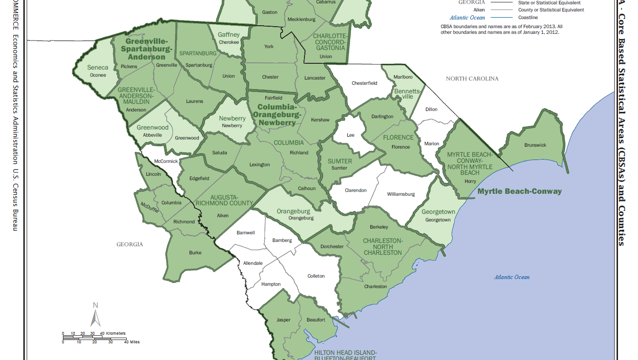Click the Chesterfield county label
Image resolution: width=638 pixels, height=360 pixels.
(364, 83)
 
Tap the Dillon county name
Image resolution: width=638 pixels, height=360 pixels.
(431, 110)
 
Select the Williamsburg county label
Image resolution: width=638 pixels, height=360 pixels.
(401, 194)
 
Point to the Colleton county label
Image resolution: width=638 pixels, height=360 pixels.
(316, 276)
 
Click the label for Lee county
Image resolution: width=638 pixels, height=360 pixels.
(350, 135)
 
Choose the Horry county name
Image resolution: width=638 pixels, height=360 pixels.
(470, 181)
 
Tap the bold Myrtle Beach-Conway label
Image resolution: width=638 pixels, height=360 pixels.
(519, 191)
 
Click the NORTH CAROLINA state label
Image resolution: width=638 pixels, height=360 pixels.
(472, 79)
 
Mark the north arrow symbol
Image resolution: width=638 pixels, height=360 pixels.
(95, 315)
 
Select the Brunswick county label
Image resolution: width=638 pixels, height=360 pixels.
(535, 145)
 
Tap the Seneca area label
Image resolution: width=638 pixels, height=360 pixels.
(98, 68)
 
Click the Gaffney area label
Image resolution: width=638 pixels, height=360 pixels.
(229, 35)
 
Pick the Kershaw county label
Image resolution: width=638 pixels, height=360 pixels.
(320, 120)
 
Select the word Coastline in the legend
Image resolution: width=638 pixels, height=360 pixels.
(528, 18)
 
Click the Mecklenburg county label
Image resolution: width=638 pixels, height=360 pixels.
(302, 20)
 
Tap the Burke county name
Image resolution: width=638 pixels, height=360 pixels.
(195, 253)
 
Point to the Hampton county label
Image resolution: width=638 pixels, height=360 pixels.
(271, 284)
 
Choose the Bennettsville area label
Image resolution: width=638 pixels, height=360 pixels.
(406, 93)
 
